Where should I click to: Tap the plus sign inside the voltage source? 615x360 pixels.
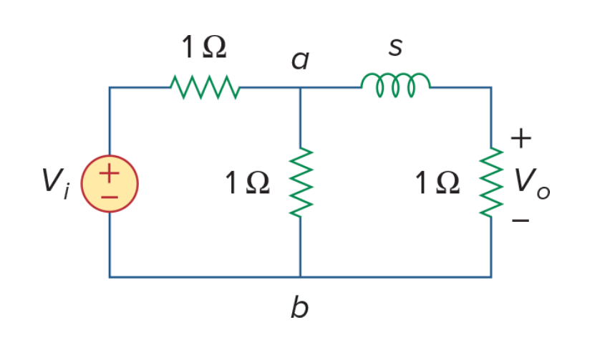click(109, 173)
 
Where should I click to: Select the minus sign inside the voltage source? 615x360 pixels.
click(110, 197)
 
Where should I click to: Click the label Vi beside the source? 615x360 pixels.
click(56, 183)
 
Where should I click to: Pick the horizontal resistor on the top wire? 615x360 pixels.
click(205, 87)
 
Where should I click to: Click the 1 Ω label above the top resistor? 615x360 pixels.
click(204, 47)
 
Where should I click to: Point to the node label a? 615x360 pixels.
click(300, 60)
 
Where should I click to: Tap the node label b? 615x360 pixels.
click(299, 306)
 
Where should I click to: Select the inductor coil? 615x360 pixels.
click(395, 84)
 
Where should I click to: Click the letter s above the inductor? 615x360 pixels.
click(395, 47)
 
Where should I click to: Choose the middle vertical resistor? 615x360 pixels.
click(301, 183)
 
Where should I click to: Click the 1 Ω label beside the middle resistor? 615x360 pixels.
click(248, 183)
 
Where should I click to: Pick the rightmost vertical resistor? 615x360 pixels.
click(491, 183)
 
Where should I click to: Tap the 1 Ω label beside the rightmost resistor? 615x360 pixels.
click(437, 183)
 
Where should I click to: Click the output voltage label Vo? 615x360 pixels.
click(532, 184)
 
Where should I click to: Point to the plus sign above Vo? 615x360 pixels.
click(521, 138)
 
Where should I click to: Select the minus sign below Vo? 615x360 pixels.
click(521, 220)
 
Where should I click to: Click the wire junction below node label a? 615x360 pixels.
click(301, 87)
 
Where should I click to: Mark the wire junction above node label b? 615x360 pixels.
click(301, 277)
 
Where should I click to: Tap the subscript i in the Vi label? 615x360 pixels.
click(67, 191)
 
